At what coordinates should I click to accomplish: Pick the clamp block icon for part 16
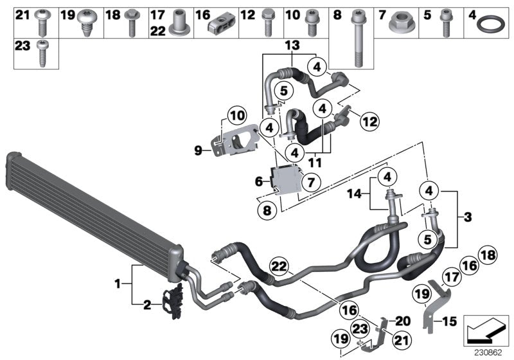223,24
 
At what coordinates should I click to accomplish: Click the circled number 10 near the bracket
236,116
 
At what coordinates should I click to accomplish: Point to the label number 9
199,151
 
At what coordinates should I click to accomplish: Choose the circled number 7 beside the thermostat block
310,183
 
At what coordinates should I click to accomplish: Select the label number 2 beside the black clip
147,305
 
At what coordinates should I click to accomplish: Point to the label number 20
402,321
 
